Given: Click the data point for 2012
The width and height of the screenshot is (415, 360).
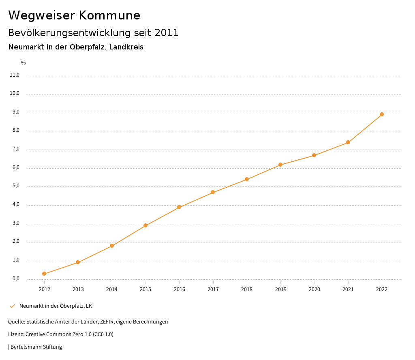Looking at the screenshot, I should (44, 274).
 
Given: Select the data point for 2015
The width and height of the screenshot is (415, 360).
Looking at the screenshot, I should (145, 225).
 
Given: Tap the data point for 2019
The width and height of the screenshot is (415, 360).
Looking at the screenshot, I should (280, 165).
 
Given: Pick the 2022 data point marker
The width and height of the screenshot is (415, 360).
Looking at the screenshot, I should (382, 114).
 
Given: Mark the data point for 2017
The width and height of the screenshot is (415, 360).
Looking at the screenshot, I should (213, 192).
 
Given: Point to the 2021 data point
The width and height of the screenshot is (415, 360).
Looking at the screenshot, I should (348, 142).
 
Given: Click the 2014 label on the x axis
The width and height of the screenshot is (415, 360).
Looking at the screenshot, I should (112, 289).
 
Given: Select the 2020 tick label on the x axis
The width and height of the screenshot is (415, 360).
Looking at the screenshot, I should (314, 289).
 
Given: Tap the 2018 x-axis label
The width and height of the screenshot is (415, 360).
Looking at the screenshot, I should (247, 289).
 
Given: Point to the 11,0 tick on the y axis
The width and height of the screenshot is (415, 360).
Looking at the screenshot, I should (15, 75).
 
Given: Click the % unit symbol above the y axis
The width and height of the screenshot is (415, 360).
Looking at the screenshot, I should (24, 62).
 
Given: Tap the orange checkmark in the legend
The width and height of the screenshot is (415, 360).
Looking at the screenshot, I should (12, 306).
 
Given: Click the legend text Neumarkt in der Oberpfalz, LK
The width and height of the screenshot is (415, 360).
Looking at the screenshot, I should (56, 306).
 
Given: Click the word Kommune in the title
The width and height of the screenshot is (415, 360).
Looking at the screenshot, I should (110, 15).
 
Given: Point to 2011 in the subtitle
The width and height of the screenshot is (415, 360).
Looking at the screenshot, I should (166, 33).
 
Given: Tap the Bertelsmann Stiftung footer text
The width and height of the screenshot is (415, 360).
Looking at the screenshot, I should (36, 347).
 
